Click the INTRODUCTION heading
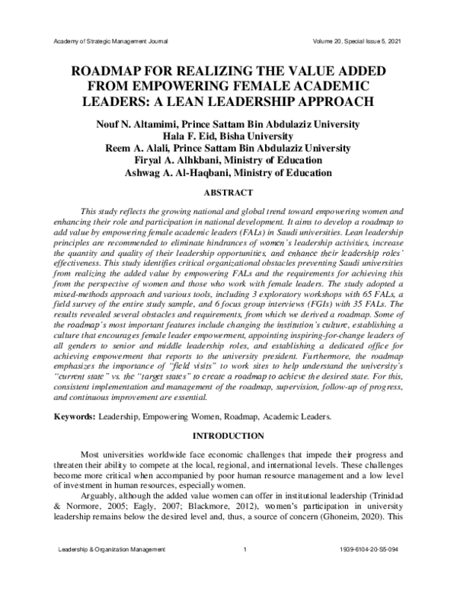click(x=228, y=436)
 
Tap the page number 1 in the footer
click(x=244, y=570)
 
